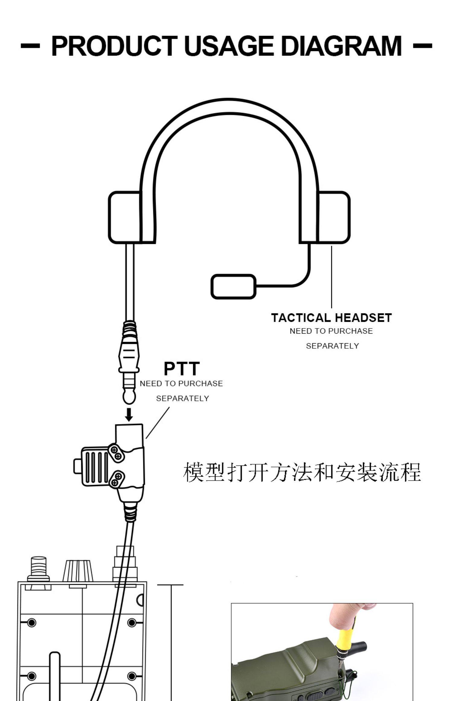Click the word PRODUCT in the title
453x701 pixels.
coord(114,46)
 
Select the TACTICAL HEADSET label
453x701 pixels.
coord(331,318)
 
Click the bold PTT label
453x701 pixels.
coord(182,368)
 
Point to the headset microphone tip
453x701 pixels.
coord(233,286)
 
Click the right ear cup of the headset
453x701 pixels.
coord(334,217)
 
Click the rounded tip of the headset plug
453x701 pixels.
coord(129,398)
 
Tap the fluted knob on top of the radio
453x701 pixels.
coord(78,571)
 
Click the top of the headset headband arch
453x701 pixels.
coord(229,106)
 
